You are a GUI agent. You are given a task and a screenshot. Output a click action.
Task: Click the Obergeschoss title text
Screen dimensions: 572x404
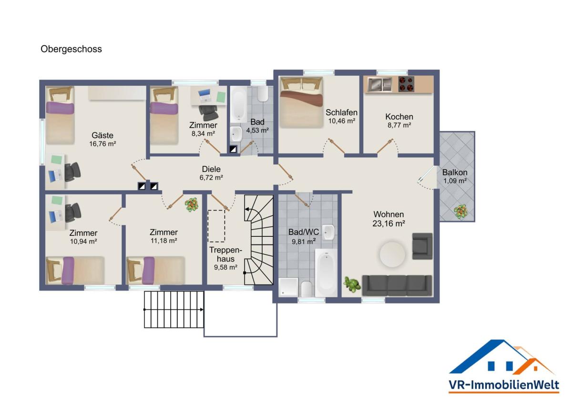(x=71, y=49)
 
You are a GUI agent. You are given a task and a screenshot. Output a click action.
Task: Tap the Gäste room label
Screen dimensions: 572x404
(x=102, y=135)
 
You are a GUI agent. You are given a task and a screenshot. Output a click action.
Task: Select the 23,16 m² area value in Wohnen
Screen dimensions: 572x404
(x=388, y=223)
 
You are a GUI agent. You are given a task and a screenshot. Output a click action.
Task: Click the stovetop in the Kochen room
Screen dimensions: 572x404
(x=406, y=84)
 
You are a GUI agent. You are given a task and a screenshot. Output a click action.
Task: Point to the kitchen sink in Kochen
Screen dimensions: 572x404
(x=379, y=84)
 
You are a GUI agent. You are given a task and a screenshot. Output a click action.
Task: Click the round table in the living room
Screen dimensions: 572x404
(x=392, y=254)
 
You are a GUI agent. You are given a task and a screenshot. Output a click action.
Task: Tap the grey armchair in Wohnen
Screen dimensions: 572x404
(x=422, y=246)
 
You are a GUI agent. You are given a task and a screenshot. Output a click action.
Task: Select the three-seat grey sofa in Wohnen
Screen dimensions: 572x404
(x=397, y=285)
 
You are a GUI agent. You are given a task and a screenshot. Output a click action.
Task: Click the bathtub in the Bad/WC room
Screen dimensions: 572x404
(x=326, y=273)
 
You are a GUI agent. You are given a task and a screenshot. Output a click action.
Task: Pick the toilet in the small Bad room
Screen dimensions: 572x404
(x=263, y=93)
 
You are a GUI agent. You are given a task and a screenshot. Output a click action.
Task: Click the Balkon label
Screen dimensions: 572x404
(x=455, y=172)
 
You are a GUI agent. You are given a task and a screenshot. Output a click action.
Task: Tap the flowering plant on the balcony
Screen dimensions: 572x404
(x=460, y=212)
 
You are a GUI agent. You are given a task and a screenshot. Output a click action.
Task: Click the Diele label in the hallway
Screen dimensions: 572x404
(x=211, y=169)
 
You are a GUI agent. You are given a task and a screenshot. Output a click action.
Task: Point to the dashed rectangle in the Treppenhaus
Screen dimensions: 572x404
(x=216, y=226)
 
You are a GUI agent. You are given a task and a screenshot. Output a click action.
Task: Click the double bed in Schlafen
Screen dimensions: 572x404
(x=301, y=102)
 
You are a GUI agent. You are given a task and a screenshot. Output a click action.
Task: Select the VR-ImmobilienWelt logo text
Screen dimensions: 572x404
(x=504, y=385)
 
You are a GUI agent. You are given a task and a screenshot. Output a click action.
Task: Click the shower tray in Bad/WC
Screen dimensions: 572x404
(x=288, y=287)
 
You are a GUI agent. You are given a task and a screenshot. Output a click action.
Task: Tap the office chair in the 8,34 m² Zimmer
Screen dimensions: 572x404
(x=209, y=112)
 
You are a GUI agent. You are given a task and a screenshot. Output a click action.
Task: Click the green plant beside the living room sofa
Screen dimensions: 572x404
(x=352, y=284)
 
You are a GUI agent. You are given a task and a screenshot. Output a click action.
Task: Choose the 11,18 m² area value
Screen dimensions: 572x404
(x=163, y=241)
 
